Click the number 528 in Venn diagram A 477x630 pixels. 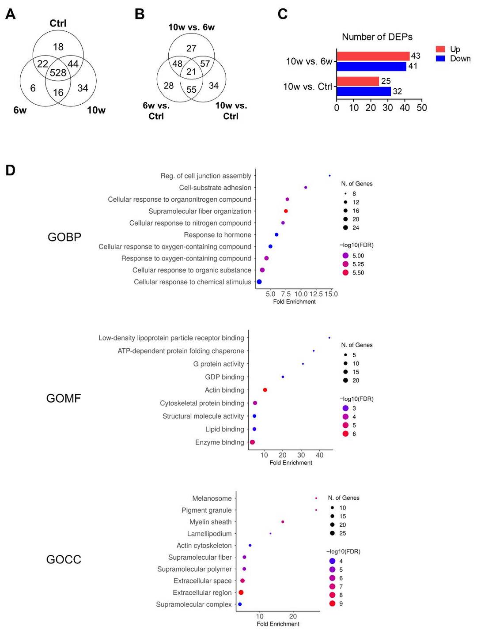[x=58, y=73]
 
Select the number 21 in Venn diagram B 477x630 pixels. [x=191, y=72]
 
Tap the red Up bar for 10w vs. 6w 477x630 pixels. [x=373, y=56]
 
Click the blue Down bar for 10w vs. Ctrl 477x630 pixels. [x=364, y=91]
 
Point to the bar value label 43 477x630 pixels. [x=416, y=56]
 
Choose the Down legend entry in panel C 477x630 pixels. [x=460, y=59]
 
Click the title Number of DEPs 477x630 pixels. [x=377, y=37]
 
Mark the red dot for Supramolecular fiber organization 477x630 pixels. [x=286, y=211]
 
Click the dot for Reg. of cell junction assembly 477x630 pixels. [x=329, y=176]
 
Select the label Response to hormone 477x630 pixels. [x=217, y=235]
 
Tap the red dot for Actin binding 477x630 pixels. [x=265, y=390]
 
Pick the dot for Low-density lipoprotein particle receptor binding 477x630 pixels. [x=329, y=338]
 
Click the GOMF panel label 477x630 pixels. [x=64, y=398]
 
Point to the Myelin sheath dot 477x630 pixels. [x=283, y=522]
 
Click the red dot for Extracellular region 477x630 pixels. [x=241, y=592]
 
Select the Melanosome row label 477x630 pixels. [x=212, y=498]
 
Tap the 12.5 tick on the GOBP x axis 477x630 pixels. [x=316, y=294]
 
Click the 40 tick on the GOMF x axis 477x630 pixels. [x=319, y=455]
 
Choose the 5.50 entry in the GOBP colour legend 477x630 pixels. [x=358, y=273]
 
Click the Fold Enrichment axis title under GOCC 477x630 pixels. [x=278, y=624]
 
